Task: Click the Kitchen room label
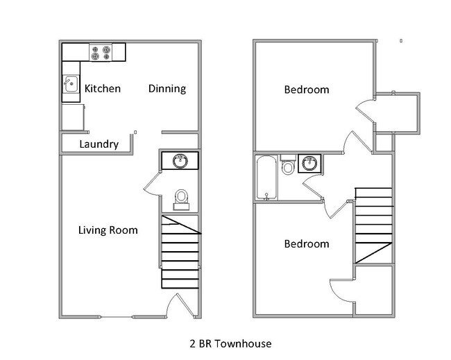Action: click(102, 89)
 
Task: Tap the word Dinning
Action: click(167, 89)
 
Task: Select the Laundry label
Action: click(98, 144)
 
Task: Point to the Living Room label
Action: click(108, 230)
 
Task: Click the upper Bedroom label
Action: click(306, 90)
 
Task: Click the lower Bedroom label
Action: click(306, 244)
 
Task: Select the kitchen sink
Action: click(70, 85)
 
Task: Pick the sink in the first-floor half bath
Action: click(180, 161)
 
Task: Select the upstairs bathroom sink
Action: click(309, 164)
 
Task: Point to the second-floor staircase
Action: click(373, 225)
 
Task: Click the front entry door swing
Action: click(174, 305)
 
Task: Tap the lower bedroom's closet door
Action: click(339, 285)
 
